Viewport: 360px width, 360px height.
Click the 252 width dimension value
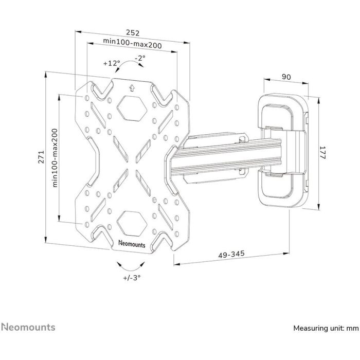click(133, 30)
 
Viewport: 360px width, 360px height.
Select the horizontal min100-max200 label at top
click(132, 45)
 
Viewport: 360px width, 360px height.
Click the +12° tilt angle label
click(111, 64)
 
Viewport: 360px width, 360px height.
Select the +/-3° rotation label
click(132, 277)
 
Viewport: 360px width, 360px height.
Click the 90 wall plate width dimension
click(286, 77)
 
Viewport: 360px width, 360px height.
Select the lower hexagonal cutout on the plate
click(132, 222)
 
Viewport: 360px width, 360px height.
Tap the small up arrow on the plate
click(132, 87)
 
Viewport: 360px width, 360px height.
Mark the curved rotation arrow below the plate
click(131, 264)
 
